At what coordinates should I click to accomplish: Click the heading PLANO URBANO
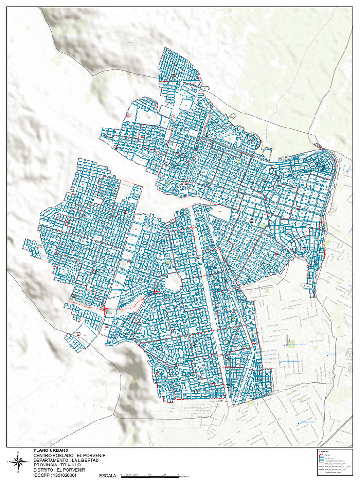coord(51,450)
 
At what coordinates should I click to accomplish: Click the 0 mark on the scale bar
coord(115,474)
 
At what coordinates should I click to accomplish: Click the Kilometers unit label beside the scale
coord(185,476)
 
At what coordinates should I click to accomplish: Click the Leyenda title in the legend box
coord(323,451)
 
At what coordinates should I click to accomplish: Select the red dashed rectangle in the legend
coord(321,455)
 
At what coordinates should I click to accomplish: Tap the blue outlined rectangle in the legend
coord(321,458)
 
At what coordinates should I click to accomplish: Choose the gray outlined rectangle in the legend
coord(321,461)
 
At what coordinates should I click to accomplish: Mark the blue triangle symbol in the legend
coord(321,473)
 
